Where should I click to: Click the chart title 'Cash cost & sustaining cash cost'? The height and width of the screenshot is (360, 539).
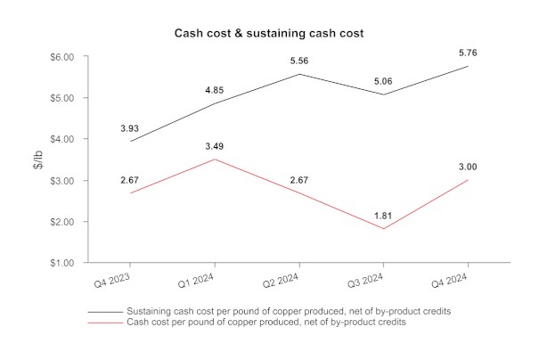[x=269, y=33]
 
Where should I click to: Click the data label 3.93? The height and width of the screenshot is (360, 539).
[x=130, y=127]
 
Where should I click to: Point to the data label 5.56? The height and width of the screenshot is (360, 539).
[x=298, y=61]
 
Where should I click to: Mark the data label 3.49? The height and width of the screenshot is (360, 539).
[x=215, y=145]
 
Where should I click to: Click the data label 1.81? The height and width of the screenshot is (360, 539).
[x=383, y=215]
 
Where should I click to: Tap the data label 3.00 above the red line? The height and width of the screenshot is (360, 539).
[x=467, y=166]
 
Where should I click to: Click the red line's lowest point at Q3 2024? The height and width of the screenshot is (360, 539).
[x=383, y=229]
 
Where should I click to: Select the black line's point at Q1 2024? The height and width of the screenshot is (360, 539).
[x=215, y=103]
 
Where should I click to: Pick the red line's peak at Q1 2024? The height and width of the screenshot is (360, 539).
[x=215, y=160]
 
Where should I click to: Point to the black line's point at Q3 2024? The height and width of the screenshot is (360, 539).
[x=383, y=94]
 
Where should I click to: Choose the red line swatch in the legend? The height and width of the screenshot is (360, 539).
[x=105, y=322]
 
